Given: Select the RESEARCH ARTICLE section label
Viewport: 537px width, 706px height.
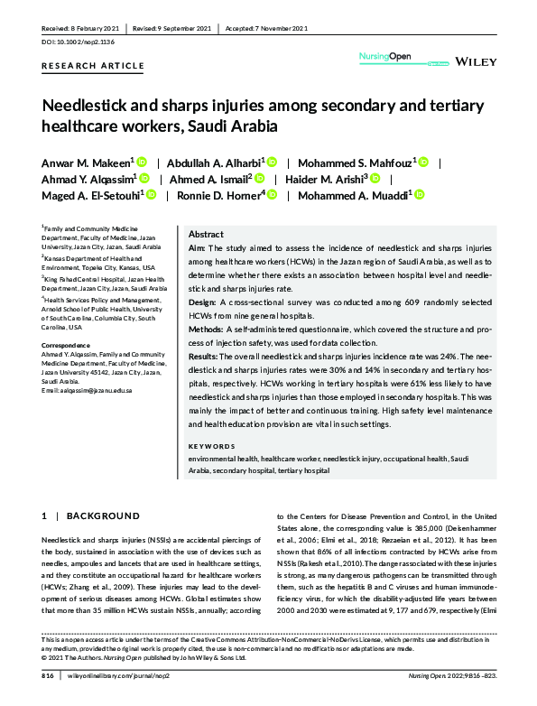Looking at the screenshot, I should (x=92, y=66).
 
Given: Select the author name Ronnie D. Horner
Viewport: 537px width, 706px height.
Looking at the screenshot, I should (x=220, y=193).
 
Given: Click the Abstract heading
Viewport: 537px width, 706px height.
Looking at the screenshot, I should (x=206, y=233).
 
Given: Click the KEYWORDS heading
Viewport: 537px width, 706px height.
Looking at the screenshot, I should (x=215, y=447).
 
